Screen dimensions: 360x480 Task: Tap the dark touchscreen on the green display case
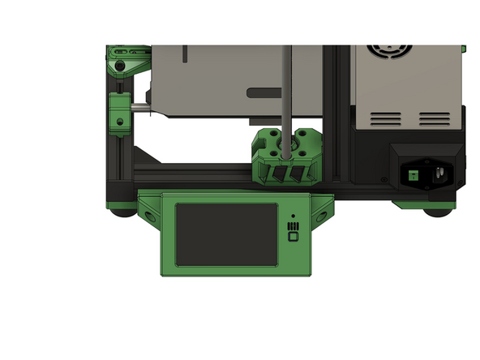coord(226,233)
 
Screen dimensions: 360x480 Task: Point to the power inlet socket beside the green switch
coord(439,173)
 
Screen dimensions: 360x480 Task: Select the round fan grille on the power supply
coord(401,53)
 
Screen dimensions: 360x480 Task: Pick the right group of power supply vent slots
coord(439,119)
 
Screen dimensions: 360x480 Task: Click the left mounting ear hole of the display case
coord(152,216)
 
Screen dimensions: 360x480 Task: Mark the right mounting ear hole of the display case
coord(321,216)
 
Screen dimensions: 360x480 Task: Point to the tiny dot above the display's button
coord(293,216)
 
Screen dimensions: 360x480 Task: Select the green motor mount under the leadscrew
coord(285,157)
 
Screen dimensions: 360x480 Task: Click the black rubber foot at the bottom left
coord(123,212)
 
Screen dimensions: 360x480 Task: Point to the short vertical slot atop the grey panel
coord(186,54)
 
